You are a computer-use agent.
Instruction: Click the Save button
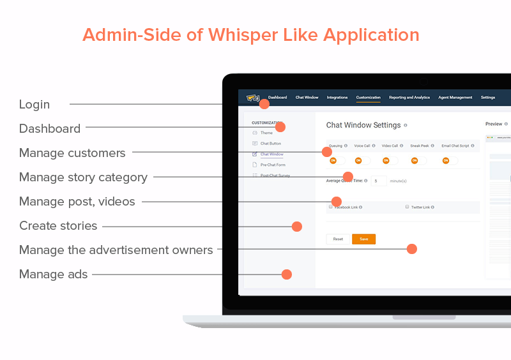363,239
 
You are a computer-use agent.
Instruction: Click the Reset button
338,239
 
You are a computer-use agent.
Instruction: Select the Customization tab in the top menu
368,98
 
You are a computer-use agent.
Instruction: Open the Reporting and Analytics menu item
409,98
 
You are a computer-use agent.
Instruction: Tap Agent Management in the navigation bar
455,98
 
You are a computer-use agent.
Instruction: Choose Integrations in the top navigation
337,98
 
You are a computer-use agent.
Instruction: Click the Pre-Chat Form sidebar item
272,165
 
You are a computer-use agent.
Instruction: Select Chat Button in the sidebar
270,144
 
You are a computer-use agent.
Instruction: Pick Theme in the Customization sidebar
266,133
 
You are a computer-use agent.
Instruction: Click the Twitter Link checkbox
407,207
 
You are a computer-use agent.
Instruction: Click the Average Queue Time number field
379,181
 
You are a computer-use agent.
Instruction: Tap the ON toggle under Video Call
386,160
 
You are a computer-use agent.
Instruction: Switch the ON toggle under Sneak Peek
415,160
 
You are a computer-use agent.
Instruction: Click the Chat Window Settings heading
363,125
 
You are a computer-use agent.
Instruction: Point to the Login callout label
34,104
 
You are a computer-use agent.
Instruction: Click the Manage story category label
83,177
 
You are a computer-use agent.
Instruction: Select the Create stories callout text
58,225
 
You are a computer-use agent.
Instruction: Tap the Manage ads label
53,274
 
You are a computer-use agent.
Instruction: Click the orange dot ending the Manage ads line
287,274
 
